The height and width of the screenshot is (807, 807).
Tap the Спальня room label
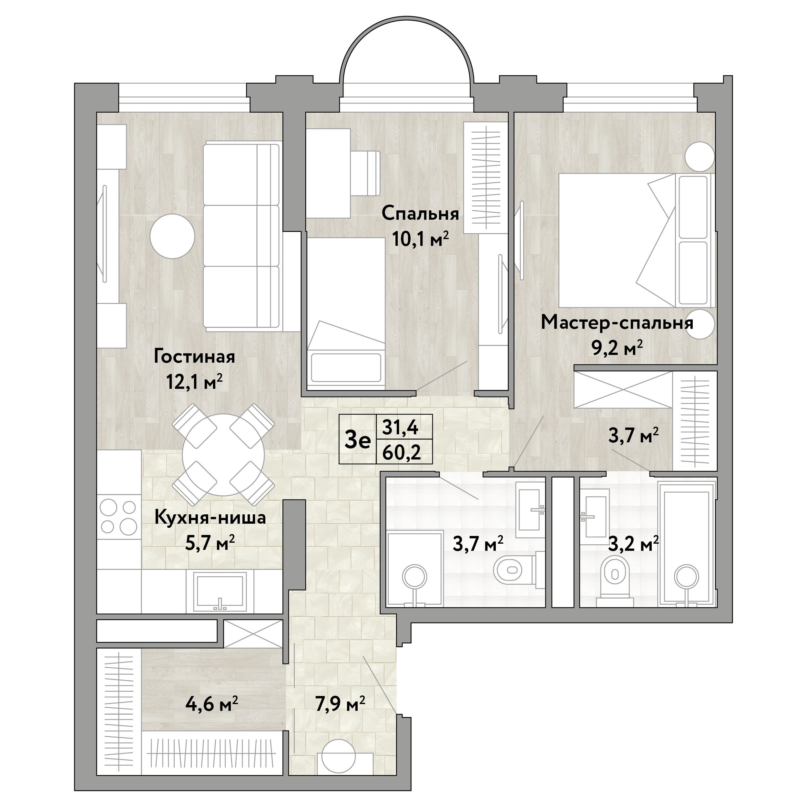tap(420, 214)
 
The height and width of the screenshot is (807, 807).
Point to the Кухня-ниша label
tap(210, 518)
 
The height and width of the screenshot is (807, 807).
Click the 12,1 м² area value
tap(194, 381)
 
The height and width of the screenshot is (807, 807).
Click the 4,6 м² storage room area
tap(212, 705)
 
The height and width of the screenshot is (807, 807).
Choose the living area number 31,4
tap(401, 427)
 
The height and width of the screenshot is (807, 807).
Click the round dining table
tap(224, 454)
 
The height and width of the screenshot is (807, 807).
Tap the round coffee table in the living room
tap(172, 236)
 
